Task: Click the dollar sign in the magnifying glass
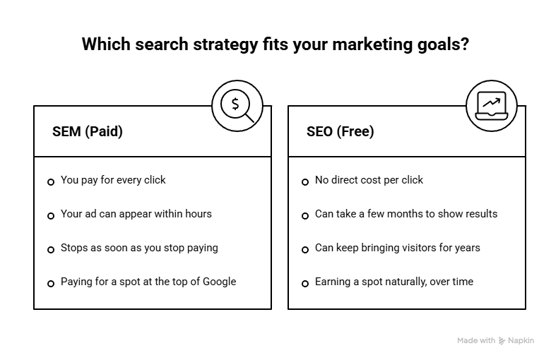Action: click(235, 104)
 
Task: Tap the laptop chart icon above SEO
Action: click(492, 106)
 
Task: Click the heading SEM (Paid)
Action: click(88, 132)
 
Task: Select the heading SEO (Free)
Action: click(340, 132)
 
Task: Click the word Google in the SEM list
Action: click(219, 282)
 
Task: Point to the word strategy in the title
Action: click(225, 44)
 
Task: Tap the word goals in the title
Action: click(443, 44)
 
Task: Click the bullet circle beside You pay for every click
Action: click(51, 182)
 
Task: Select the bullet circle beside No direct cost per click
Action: click(305, 182)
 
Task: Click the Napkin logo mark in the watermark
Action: click(502, 341)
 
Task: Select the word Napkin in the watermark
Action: click(521, 340)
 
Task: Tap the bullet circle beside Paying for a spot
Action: click(51, 284)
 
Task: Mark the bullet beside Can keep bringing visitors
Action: click(305, 250)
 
